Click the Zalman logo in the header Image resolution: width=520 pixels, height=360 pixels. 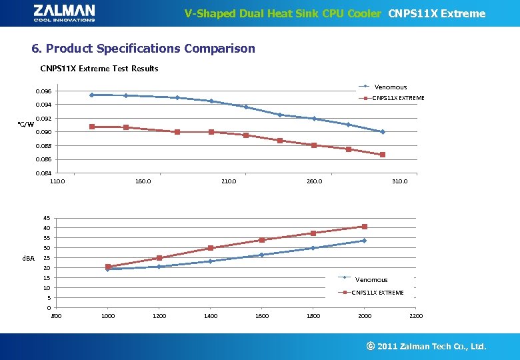click(x=64, y=13)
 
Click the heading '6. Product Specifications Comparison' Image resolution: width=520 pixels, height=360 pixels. click(x=143, y=49)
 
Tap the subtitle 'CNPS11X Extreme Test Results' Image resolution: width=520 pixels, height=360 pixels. click(x=99, y=69)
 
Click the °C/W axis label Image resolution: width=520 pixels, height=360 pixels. click(x=25, y=125)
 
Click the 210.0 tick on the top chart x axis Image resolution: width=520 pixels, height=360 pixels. click(x=229, y=181)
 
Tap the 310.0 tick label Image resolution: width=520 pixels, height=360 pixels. click(x=400, y=181)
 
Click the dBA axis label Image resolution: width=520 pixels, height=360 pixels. click(x=28, y=258)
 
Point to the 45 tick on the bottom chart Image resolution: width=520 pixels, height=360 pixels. click(x=46, y=218)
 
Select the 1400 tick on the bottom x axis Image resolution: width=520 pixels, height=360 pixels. click(x=211, y=316)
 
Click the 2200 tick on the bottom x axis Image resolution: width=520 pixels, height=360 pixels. click(x=416, y=316)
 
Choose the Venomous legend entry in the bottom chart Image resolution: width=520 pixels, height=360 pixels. click(x=371, y=280)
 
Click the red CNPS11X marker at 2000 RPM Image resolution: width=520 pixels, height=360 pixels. click(x=365, y=227)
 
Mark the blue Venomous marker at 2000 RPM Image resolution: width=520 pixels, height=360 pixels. click(x=364, y=241)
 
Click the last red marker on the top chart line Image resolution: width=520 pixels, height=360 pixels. click(x=383, y=155)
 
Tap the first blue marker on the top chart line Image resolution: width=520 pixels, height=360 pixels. click(x=91, y=95)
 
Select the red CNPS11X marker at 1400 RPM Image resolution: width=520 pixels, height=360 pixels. click(x=211, y=248)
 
